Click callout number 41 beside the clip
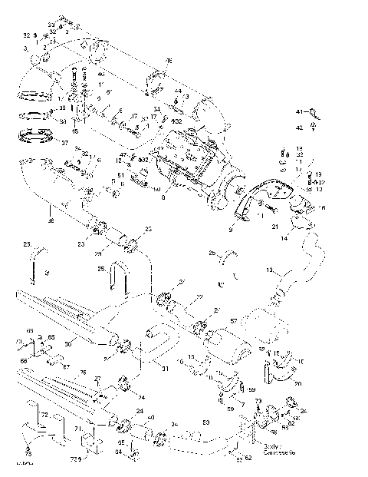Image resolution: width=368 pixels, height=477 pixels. [301, 112]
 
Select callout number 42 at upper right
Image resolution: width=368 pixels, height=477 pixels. [301, 128]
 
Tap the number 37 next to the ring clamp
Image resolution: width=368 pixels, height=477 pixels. [64, 143]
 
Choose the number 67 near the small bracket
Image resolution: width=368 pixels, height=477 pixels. [66, 367]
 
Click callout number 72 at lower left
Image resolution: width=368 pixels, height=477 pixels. [44, 416]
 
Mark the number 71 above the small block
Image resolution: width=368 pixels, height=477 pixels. [77, 427]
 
